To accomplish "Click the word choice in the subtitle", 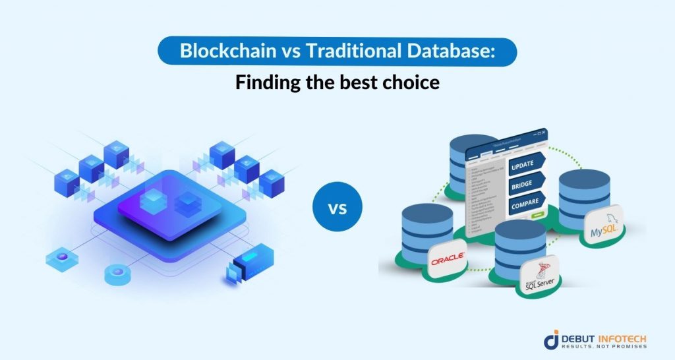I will pyautogui.click(x=399, y=84).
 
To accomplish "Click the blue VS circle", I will pyautogui.click(x=337, y=209).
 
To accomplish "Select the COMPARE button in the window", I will pyautogui.click(x=525, y=204).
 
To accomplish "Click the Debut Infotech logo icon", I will pyautogui.click(x=552, y=341).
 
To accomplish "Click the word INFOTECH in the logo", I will pyautogui.click(x=623, y=338).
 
